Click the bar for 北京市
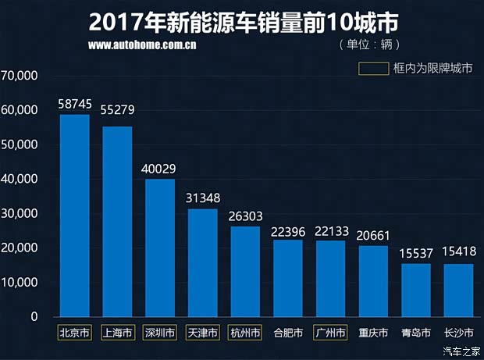[75, 216]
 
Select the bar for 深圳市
[160, 248]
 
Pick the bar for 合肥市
[288, 278]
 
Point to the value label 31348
[202, 198]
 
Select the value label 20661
[372, 235]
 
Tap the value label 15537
[415, 253]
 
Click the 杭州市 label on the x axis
[245, 333]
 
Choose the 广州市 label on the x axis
[330, 333]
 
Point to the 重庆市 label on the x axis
[373, 333]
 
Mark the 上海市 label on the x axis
[117, 333]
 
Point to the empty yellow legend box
[374, 68]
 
